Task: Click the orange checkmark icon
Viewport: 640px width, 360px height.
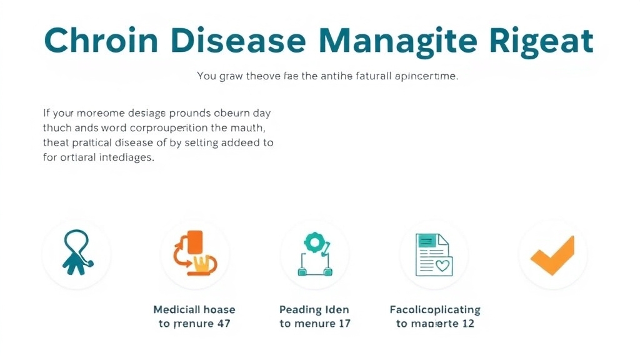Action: pos(552,255)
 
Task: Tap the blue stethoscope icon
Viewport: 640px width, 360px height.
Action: pos(76,253)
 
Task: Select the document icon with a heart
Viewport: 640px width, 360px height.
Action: pos(433,255)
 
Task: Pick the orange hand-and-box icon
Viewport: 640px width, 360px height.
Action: pos(195,253)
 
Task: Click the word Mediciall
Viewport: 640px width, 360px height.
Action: pos(176,310)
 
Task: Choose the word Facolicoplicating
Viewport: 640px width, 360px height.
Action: pos(435,310)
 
